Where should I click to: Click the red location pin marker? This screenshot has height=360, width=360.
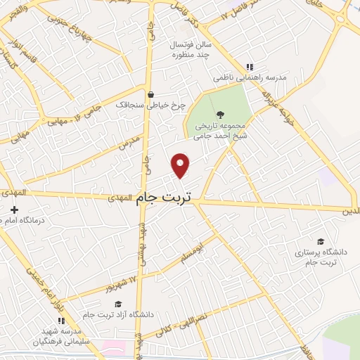(x=181, y=164)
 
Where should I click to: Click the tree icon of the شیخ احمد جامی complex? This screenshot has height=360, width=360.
(x=220, y=113)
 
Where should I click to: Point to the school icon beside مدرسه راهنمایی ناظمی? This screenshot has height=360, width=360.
(x=249, y=67)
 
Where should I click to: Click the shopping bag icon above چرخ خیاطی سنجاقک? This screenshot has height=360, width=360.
(x=150, y=94)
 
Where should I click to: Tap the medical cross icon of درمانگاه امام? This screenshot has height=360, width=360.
(x=14, y=210)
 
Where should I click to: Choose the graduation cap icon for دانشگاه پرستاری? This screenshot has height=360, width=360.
(x=321, y=240)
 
